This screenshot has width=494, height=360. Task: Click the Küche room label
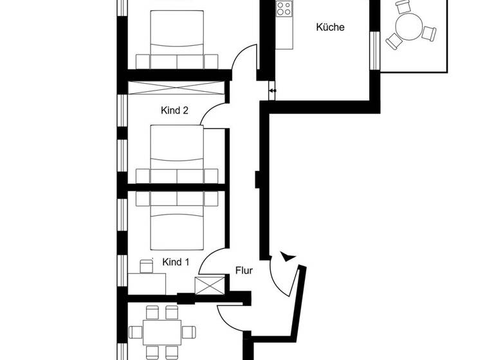[x=330, y=28]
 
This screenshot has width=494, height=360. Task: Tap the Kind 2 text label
[x=174, y=111]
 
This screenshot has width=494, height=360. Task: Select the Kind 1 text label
[x=176, y=262]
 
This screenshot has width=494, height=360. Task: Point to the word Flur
[x=244, y=271]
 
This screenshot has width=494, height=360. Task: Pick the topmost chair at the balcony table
[x=403, y=7]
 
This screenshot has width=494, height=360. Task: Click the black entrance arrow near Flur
[x=288, y=256]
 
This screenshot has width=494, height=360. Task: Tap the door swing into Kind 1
[x=210, y=261]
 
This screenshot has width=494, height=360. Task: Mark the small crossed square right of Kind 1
[x=210, y=285]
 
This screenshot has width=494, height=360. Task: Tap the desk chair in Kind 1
[x=146, y=265]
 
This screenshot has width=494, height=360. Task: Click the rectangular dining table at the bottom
[x=161, y=332]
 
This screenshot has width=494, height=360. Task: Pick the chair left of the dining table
[x=136, y=332]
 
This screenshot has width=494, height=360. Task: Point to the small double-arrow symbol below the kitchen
[x=273, y=91]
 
